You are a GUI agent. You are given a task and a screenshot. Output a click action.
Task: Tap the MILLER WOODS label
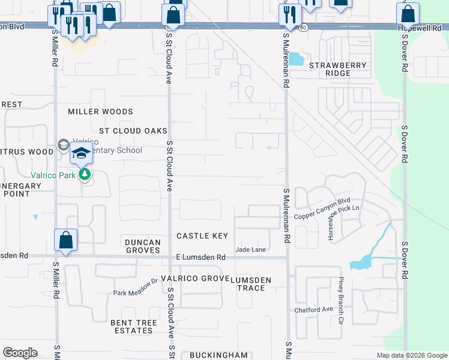pos(100,112)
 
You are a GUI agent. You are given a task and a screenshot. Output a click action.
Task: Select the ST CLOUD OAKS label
pos(133,131)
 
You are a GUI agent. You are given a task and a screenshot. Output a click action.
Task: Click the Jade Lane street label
pos(251,249)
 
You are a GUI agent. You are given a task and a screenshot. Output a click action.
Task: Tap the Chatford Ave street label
pos(313,310)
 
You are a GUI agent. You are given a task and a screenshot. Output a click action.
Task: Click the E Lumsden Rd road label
pos(200,257)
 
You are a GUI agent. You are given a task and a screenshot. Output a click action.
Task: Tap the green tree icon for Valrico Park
pos(85,175)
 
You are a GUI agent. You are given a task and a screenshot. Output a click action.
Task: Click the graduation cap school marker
pos(81,152)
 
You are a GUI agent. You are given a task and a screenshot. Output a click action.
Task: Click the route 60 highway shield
pos(303,28)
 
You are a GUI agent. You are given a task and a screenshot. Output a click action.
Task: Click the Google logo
pos(20,353)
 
